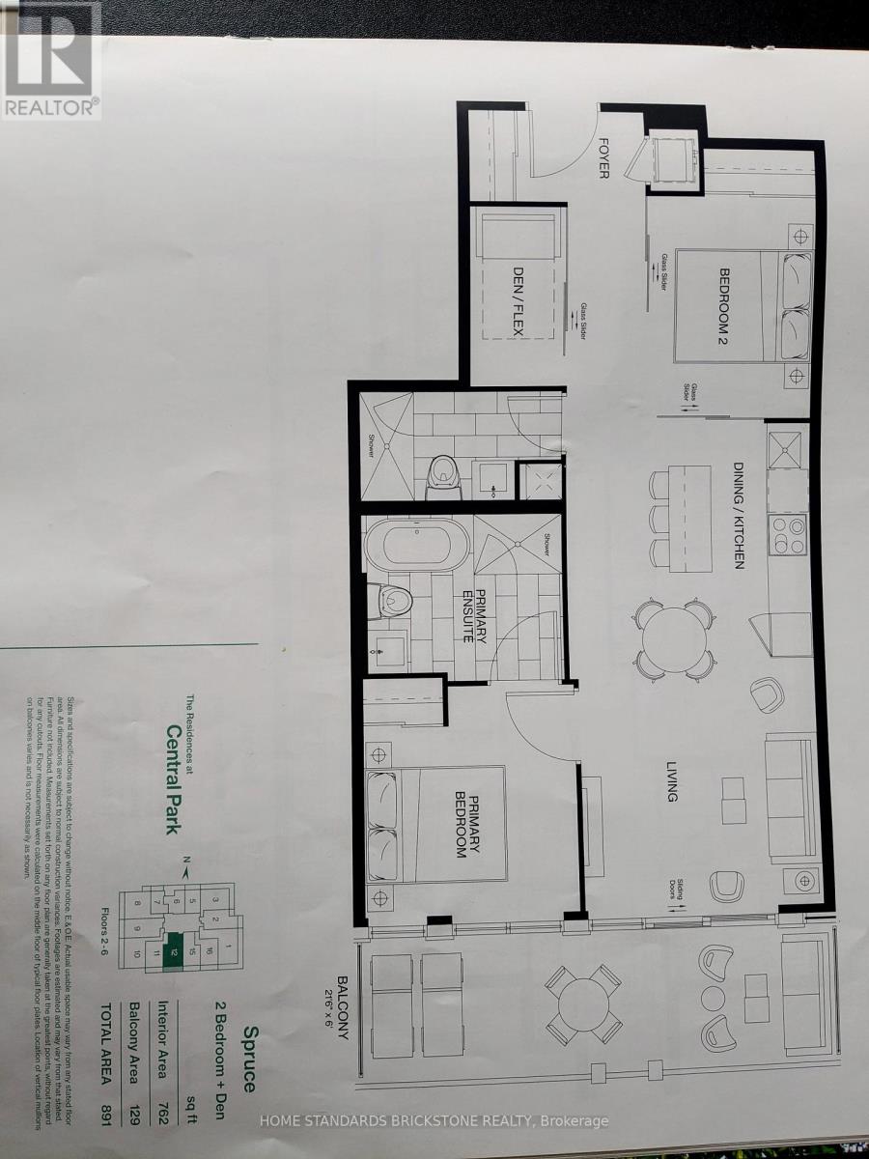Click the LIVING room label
pyautogui.click(x=671, y=777)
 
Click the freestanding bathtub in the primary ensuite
pyautogui.click(x=414, y=546)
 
